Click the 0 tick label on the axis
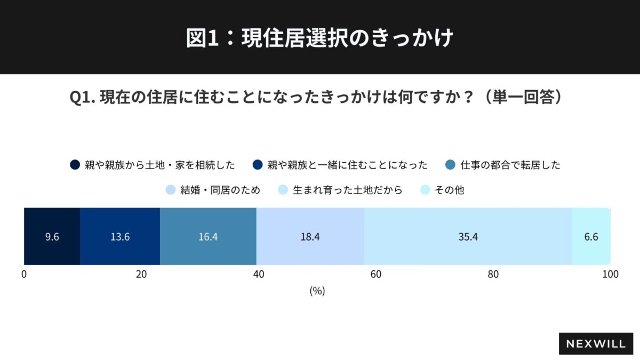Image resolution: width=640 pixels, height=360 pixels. point(24,275)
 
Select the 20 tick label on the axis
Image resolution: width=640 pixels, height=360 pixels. point(141,275)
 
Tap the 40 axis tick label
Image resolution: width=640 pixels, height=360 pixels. point(259,275)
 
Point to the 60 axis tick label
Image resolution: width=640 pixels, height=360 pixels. point(376,275)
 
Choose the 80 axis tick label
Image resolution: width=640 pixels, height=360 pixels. point(493,275)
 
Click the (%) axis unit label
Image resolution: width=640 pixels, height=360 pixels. point(317,291)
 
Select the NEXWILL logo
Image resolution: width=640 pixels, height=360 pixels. point(596,344)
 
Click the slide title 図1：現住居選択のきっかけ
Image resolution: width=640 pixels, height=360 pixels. point(319,38)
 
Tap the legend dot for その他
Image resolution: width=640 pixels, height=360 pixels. point(425,190)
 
